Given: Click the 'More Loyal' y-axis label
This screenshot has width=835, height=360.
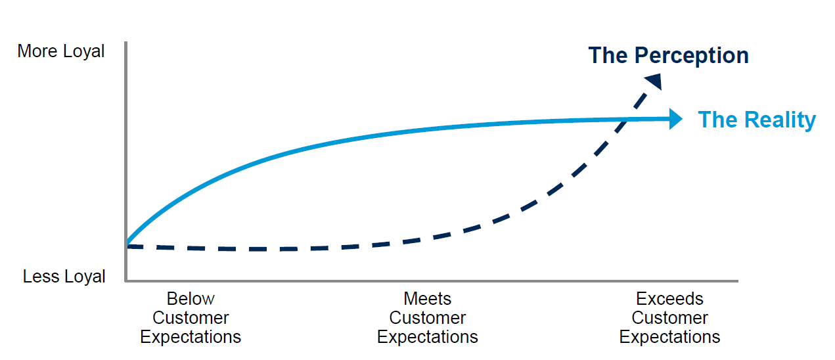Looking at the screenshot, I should coord(61,51).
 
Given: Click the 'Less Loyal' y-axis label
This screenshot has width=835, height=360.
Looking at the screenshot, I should coord(64,277).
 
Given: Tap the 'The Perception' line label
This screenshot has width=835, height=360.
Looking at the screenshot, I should coord(668,55).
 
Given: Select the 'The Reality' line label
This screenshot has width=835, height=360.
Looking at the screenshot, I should coord(756,120).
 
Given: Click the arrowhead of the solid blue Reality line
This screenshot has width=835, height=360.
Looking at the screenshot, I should coord(676,119).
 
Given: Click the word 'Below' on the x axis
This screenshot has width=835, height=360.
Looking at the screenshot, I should coord(191,299).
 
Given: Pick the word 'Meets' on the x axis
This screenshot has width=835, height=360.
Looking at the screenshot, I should coord(427,299).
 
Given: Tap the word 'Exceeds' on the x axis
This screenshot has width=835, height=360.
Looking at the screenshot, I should coord(669,299).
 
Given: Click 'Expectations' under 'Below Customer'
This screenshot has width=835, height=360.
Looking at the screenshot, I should coord(191,338).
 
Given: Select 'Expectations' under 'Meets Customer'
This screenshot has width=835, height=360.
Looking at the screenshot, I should coord(427,338).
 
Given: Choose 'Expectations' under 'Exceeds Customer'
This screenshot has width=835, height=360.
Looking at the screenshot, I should coord(669,338).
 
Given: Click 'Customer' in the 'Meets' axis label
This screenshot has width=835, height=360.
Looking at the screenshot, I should coord(427,318).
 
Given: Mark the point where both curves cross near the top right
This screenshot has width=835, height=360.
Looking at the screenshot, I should coord(629,119).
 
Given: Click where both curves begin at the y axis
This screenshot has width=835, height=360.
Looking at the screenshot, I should coord(126,245).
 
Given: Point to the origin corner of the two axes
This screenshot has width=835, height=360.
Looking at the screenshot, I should coord(125,281).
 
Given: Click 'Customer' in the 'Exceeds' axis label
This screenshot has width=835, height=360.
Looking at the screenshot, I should coord(669,318).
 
